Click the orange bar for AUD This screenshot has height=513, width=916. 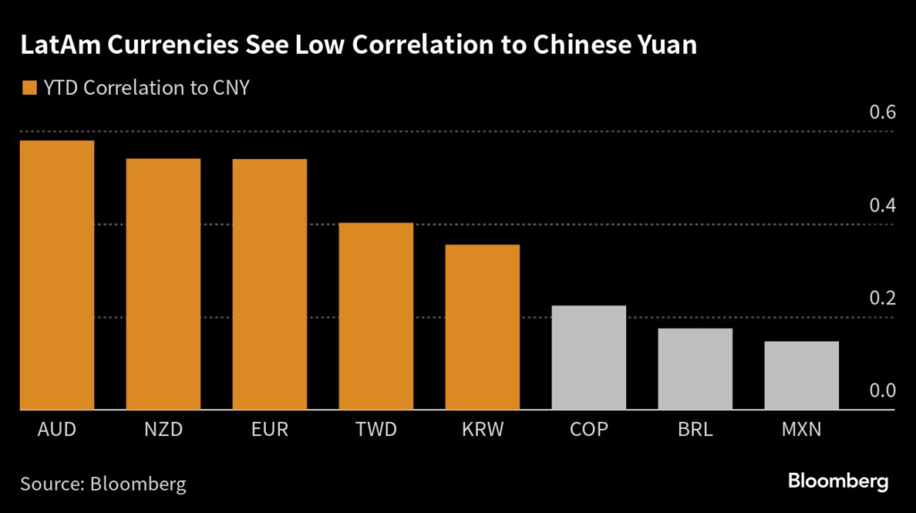point(55,275)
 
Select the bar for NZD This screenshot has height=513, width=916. point(163,284)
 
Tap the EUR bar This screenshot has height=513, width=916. point(269,284)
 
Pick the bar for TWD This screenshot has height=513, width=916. point(376,316)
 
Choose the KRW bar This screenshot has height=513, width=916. point(482,327)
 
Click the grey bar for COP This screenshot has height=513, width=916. point(589,357)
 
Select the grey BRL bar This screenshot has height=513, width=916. point(695,369)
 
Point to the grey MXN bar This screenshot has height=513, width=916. point(801,375)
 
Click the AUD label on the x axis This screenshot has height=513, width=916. point(56,430)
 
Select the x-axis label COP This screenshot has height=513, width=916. point(589,430)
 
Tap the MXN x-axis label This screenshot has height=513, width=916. point(801,430)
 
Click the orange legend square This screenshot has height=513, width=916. point(29,88)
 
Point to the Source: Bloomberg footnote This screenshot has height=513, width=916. point(103,484)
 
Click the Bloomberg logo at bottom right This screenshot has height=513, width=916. point(838,482)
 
